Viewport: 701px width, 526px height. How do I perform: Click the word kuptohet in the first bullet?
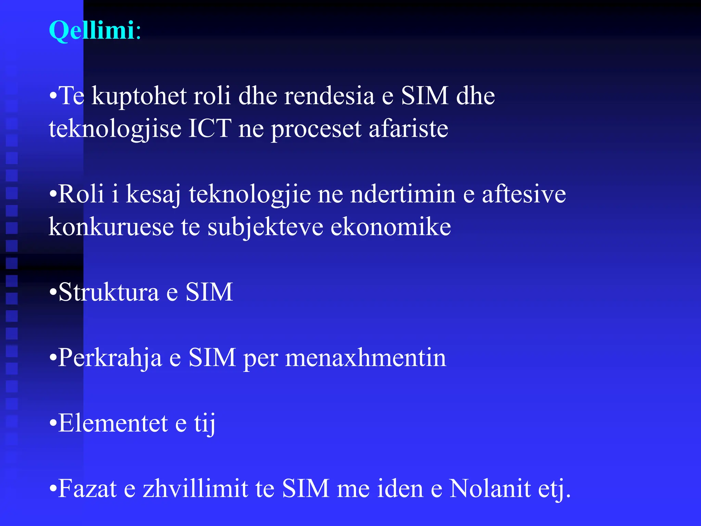coord(139,96)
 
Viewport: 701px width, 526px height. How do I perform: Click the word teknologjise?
coord(115,129)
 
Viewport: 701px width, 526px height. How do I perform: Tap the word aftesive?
coord(524,194)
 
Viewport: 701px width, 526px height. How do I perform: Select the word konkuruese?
coord(111,227)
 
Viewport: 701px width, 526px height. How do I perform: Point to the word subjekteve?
coord(265,227)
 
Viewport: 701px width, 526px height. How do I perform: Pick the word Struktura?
coord(109,292)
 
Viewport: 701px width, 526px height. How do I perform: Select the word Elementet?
coord(113,423)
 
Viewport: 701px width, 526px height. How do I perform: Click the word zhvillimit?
coord(195,489)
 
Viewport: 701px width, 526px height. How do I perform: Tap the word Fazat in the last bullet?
coord(88,489)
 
